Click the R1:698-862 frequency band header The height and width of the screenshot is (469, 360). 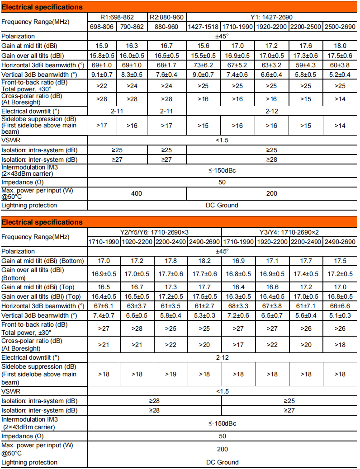[x=117, y=17]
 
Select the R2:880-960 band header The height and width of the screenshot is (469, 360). [x=166, y=17]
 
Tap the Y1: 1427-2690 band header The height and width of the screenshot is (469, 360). [x=272, y=17]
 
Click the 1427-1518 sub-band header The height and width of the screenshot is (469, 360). [x=204, y=27]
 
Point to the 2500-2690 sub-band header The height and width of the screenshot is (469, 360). [x=340, y=27]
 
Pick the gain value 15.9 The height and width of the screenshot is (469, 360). [x=102, y=46]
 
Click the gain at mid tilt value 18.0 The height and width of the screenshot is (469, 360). [x=340, y=46]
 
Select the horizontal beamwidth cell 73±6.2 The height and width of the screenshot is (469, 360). [x=204, y=65]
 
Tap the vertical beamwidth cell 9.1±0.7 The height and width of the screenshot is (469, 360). [x=102, y=75]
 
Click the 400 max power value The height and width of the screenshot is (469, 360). [x=137, y=193]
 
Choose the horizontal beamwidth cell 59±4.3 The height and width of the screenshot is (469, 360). [x=306, y=65]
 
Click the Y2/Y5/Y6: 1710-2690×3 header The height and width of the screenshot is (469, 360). [x=154, y=232]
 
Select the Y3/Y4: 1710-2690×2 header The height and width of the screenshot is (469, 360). [x=289, y=232]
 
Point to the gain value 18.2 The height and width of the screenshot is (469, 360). [x=204, y=261]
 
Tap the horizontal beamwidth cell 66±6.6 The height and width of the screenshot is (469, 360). [x=340, y=306]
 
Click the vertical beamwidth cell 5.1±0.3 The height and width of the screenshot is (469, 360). [x=340, y=315]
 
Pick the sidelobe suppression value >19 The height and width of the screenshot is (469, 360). [x=171, y=374]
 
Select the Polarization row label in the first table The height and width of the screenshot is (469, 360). [x=18, y=36]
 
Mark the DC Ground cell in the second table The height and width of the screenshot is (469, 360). [x=222, y=462]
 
